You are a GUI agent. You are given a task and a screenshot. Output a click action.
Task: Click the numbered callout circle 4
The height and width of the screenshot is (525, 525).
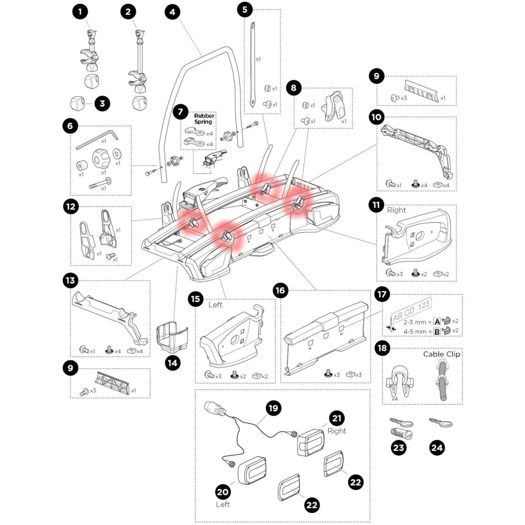tap(172, 12)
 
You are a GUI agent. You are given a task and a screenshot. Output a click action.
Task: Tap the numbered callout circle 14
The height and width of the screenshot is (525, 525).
tap(174, 363)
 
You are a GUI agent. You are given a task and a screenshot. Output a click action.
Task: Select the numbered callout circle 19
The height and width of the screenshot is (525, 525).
tap(273, 408)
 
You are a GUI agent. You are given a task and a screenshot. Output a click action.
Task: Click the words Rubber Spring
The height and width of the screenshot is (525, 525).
tap(203, 119)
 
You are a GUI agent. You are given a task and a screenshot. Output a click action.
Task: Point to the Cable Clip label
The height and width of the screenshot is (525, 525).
tap(441, 354)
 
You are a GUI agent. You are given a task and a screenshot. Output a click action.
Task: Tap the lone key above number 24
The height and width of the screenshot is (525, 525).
tap(441, 423)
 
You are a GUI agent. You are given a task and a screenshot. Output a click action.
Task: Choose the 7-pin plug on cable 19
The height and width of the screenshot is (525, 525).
tap(214, 410)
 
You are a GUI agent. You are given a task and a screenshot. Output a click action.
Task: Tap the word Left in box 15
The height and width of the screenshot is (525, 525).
tap(215, 304)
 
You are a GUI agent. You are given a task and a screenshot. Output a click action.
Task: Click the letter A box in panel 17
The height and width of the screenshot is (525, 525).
tap(436, 322)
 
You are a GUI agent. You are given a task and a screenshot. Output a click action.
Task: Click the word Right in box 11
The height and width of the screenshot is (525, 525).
tap(396, 210)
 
